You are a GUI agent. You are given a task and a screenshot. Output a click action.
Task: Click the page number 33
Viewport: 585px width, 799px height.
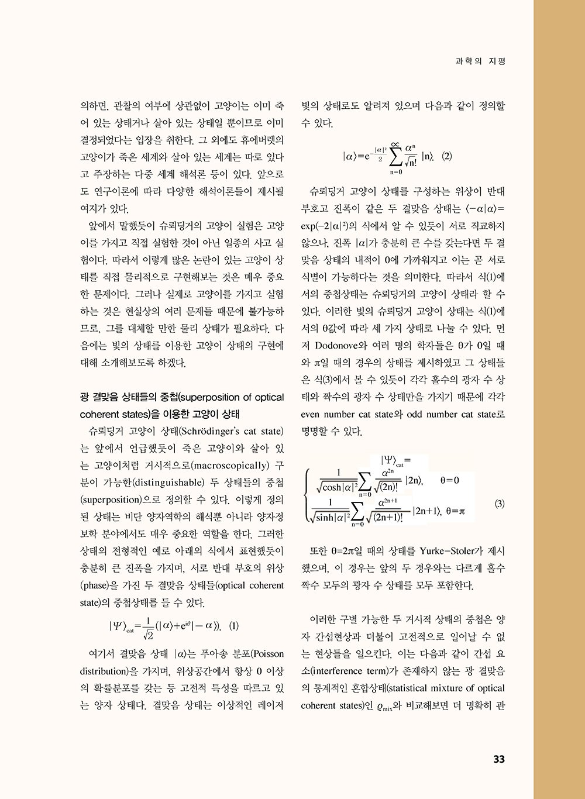click(498, 759)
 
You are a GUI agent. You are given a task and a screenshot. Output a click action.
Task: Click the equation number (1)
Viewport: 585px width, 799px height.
click(233, 625)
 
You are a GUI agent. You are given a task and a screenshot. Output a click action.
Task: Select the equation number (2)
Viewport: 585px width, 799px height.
click(446, 156)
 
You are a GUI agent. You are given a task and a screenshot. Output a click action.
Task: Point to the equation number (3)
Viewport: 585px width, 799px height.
click(499, 504)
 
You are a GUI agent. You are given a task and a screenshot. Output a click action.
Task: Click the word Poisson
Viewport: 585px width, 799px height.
click(267, 654)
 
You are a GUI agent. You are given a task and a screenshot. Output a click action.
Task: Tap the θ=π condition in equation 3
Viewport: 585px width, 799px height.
click(455, 511)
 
